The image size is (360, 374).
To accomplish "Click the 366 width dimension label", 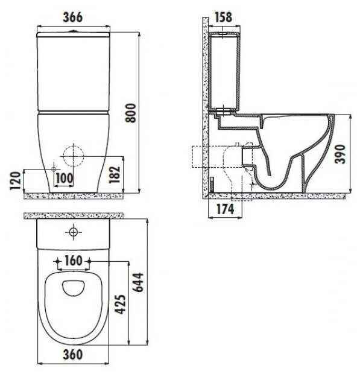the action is click(x=73, y=17).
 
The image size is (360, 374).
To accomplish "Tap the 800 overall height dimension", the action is click(x=131, y=113).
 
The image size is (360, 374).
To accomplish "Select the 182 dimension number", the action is click(x=115, y=174).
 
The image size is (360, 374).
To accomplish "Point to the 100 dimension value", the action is click(x=64, y=178).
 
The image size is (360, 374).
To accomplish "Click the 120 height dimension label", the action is click(x=15, y=180).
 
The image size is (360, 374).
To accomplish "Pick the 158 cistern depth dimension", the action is click(x=223, y=17).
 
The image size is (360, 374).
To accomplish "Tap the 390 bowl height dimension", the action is click(x=340, y=154).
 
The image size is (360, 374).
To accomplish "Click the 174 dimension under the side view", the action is click(x=226, y=209).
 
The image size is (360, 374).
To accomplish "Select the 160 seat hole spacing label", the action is click(x=74, y=261).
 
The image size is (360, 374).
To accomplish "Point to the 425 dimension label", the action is click(x=120, y=304).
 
